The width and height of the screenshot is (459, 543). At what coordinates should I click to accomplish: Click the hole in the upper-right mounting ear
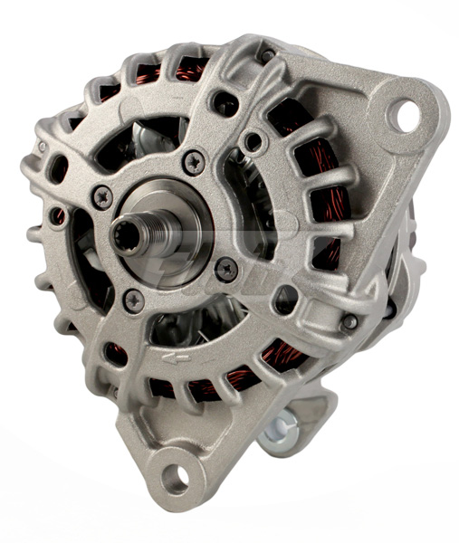point(404,114)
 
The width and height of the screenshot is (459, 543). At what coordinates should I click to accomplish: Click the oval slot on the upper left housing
point(62,167)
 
